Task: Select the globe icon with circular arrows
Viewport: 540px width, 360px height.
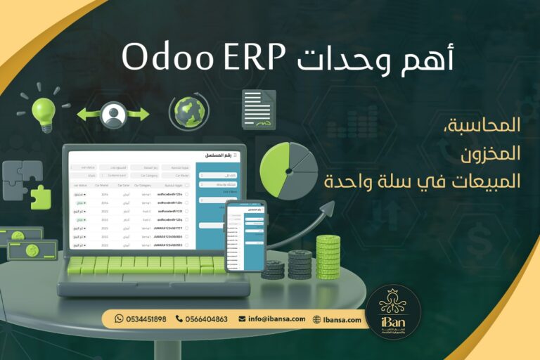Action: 188,112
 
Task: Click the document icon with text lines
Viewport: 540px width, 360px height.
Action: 258,109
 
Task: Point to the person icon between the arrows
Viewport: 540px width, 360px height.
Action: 112,115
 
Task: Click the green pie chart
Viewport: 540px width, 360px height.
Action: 288,170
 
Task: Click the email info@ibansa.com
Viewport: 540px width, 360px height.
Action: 276,319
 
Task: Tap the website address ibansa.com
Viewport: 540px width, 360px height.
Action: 343,319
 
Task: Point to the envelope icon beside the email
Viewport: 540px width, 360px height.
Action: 242,319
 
